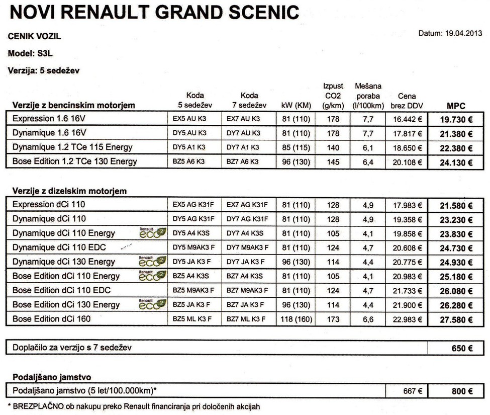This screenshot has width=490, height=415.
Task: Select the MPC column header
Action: (x=456, y=106)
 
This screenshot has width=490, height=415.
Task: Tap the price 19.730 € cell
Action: (x=456, y=120)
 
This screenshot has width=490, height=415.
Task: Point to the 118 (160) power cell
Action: (x=296, y=319)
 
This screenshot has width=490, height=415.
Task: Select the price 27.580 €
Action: (x=456, y=319)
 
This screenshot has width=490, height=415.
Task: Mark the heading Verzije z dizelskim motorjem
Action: (x=69, y=191)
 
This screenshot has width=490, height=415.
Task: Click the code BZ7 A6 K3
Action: (x=243, y=162)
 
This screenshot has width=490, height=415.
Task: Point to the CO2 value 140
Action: (x=333, y=147)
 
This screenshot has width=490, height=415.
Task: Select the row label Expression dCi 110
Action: (x=49, y=205)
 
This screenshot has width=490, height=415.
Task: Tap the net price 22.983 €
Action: (x=407, y=319)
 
